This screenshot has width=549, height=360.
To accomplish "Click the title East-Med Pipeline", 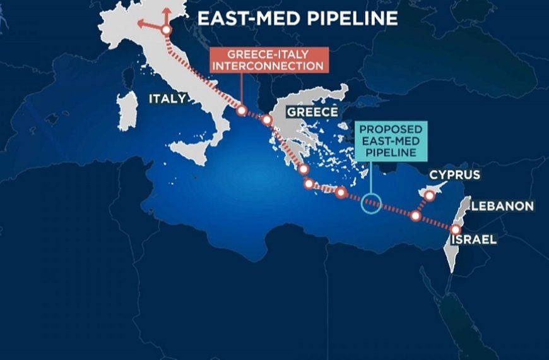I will (x=297, y=18).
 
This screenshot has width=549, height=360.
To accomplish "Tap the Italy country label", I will (x=167, y=99).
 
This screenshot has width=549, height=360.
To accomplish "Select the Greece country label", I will (x=313, y=112).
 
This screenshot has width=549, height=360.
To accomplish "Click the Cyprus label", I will (x=454, y=175).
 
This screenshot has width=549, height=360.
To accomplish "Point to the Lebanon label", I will (x=503, y=206).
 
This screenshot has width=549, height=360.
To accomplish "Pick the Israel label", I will (x=473, y=239).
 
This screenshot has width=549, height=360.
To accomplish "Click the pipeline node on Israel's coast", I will (x=456, y=229).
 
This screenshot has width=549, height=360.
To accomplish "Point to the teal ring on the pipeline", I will (x=371, y=203).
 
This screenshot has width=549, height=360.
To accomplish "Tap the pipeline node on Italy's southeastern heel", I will (x=241, y=111).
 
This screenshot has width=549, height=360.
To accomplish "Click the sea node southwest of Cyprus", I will (x=415, y=216).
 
